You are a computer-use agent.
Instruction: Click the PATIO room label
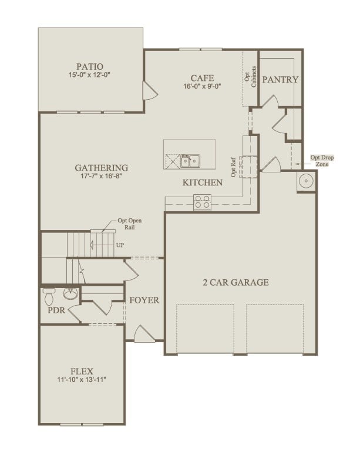tap(90, 66)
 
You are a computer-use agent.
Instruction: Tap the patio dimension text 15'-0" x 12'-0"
tap(90, 75)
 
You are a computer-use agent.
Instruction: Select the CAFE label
tap(201, 78)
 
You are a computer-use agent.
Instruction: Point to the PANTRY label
tap(280, 80)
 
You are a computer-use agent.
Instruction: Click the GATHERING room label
tap(102, 167)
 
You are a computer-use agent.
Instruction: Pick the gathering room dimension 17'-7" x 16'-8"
tap(102, 176)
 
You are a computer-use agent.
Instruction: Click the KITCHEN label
tap(203, 183)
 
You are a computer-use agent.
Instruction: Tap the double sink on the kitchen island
tap(190, 160)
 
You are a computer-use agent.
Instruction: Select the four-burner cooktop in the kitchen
tap(202, 202)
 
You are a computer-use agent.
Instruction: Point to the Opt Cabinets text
tap(251, 76)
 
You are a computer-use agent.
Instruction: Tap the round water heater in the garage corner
tap(306, 182)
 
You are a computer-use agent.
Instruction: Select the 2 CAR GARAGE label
tap(240, 282)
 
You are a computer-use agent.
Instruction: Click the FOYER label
tap(144, 300)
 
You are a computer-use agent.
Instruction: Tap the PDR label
tap(57, 311)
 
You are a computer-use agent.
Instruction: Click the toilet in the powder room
tap(50, 291)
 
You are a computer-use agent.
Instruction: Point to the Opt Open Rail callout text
tap(130, 224)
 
